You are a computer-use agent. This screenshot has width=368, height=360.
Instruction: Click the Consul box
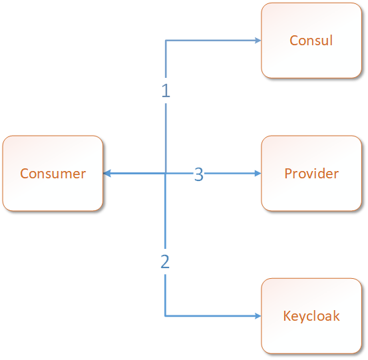click(x=311, y=41)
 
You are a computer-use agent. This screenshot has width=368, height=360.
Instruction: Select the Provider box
click(x=311, y=173)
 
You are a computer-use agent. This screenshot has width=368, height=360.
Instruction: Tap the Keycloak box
click(x=311, y=316)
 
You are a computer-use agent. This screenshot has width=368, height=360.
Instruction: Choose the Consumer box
click(x=53, y=173)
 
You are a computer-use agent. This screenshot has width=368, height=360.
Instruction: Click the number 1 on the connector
click(x=166, y=90)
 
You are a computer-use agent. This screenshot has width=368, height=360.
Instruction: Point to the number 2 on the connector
click(x=165, y=262)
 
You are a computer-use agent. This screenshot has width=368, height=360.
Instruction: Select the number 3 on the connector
click(x=199, y=174)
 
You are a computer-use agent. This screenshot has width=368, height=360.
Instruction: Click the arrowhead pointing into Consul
click(x=258, y=41)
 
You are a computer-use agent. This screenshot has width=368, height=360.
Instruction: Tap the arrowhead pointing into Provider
click(x=258, y=174)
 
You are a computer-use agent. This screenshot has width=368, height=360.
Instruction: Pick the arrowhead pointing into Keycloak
click(x=258, y=316)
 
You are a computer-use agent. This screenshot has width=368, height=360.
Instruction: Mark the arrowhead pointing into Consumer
click(x=106, y=174)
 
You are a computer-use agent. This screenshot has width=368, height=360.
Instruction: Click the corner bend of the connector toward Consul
click(x=166, y=41)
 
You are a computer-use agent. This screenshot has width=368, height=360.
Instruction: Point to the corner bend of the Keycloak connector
click(x=165, y=316)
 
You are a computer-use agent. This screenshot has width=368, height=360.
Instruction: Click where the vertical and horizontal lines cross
click(x=166, y=174)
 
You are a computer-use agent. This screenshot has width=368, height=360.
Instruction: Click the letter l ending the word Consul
click(x=331, y=40)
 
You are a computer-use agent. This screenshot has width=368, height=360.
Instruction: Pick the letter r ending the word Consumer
click(x=83, y=174)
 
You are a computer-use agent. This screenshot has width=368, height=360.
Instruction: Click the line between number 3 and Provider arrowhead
click(x=230, y=174)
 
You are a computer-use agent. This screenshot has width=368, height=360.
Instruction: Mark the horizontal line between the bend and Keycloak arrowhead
click(x=210, y=316)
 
